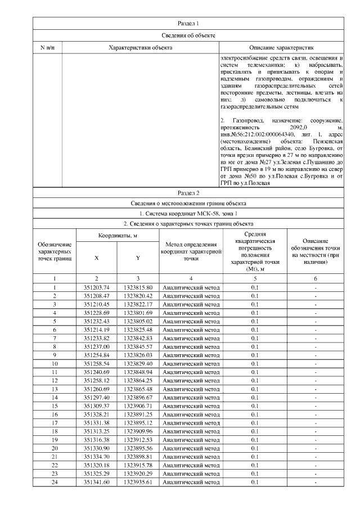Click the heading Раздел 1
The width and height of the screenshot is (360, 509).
click(x=188, y=23)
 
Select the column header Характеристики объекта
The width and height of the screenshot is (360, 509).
click(x=140, y=48)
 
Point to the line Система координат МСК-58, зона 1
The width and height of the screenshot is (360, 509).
click(x=188, y=214)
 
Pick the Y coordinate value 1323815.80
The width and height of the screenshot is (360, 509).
click(x=138, y=287)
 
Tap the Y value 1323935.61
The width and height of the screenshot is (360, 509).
click(x=138, y=482)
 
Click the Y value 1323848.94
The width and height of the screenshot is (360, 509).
click(x=138, y=372)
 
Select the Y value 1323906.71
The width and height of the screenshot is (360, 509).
click(x=138, y=406)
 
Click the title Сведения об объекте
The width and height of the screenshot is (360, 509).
click(x=188, y=35)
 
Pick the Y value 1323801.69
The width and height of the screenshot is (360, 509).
click(x=138, y=313)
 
